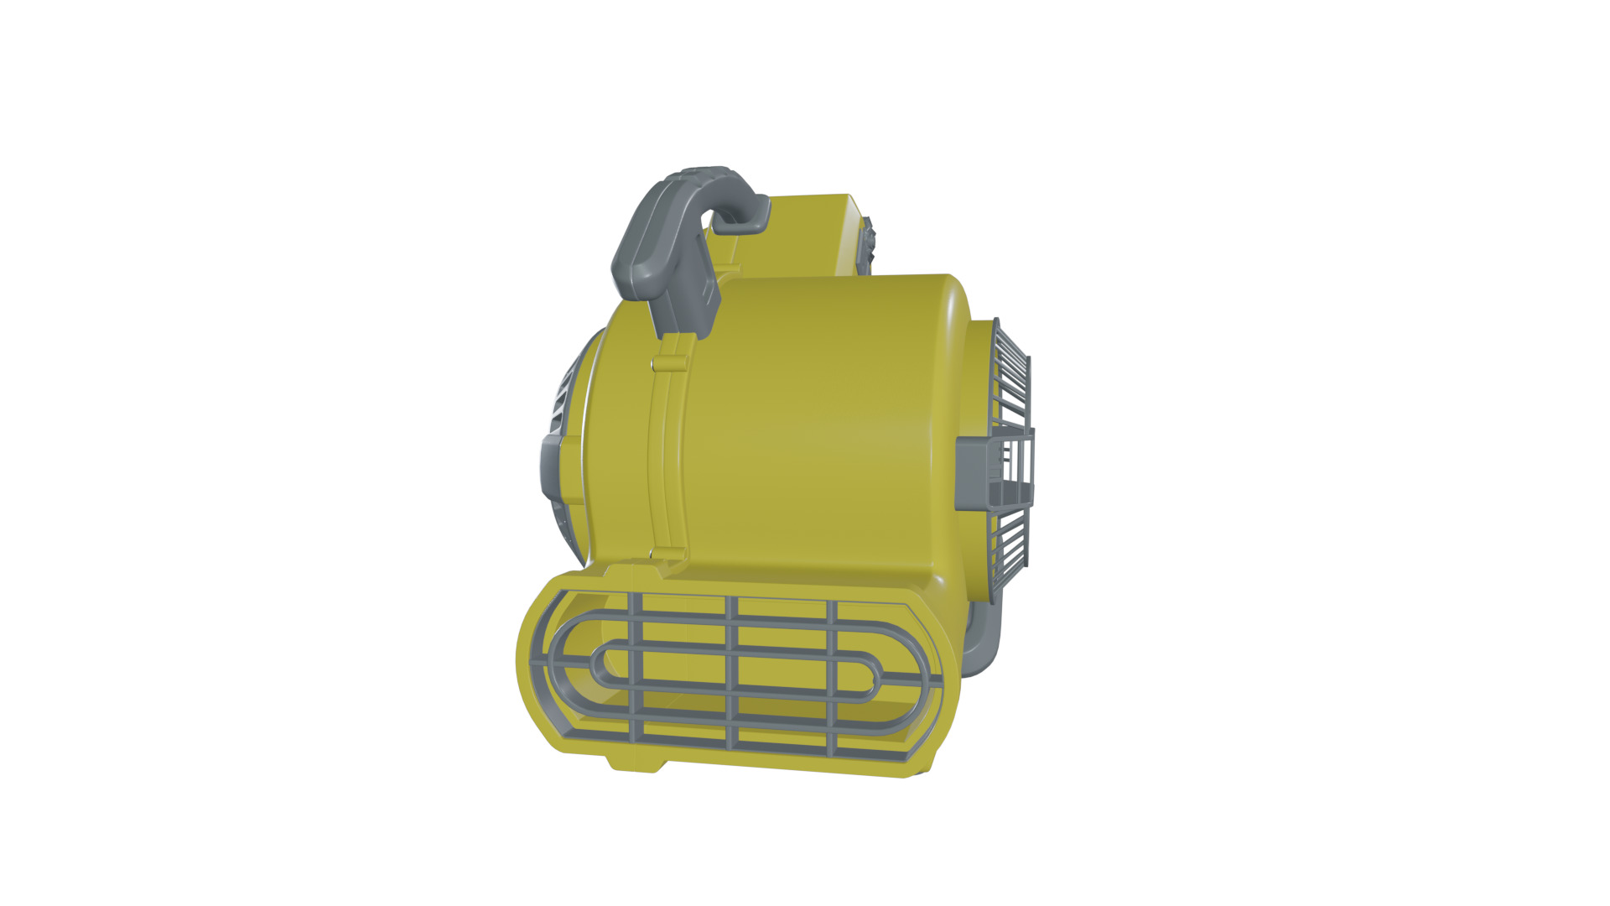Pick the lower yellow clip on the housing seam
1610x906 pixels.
tap(668, 554)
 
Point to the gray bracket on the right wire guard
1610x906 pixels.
tap(977, 474)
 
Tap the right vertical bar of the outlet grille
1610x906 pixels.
tap(832, 679)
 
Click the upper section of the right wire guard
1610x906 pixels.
tap(1012, 377)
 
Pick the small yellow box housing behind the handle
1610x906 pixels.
tap(805, 235)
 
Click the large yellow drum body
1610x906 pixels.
tap(813, 428)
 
